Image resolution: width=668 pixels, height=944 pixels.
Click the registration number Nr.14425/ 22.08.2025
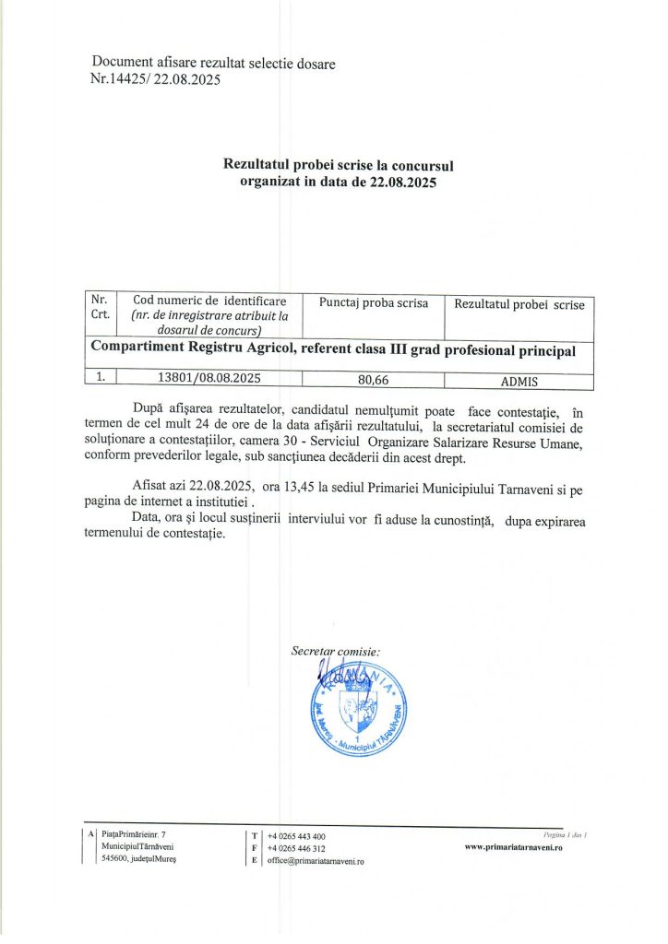pyautogui.click(x=156, y=79)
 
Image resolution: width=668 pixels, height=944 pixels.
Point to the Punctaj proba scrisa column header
pyautogui.click(x=373, y=303)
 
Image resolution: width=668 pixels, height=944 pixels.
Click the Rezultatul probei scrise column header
pyautogui.click(x=519, y=305)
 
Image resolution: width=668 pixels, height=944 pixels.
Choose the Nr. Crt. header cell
pyautogui.click(x=101, y=307)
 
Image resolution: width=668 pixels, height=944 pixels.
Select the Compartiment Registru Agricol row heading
pyautogui.click(x=332, y=351)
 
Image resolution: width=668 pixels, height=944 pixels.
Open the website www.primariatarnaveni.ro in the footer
pyautogui.click(x=513, y=847)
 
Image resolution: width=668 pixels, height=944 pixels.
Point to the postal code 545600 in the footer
pyautogui.click(x=117, y=858)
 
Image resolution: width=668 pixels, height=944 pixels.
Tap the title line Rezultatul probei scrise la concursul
pyautogui.click(x=338, y=165)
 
